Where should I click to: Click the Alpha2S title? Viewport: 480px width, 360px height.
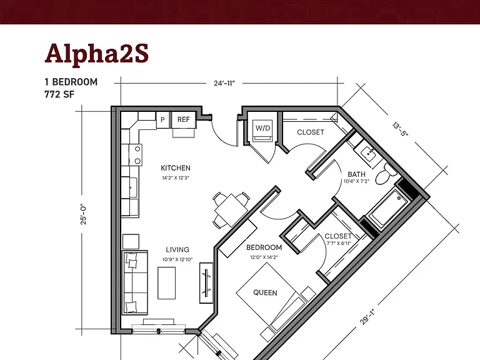coord(97,54)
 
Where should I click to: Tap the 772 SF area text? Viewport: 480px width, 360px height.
coord(59,94)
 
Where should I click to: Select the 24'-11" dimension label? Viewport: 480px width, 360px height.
coord(224,83)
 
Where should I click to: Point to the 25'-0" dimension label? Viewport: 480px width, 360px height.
coord(84,214)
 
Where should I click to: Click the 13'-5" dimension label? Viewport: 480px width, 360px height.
coord(401,129)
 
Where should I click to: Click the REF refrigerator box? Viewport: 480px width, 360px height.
coord(184,119)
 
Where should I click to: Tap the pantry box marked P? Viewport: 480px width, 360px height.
coord(162,120)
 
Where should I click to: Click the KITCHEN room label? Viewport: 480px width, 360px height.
coord(176,168)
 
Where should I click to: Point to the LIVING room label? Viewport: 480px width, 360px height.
coord(177,250)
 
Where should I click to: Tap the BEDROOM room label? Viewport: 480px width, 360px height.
coord(264,247)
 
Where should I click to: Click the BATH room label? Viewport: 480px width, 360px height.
coord(357,174)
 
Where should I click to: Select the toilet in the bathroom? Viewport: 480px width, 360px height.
coord(386,175)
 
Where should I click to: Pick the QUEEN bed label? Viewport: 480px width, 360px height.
coord(265,292)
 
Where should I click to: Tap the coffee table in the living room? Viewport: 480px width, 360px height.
coord(167,283)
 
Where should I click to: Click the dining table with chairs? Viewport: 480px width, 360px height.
coord(231,210)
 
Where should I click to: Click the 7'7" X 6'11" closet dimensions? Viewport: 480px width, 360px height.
coord(339,244)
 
